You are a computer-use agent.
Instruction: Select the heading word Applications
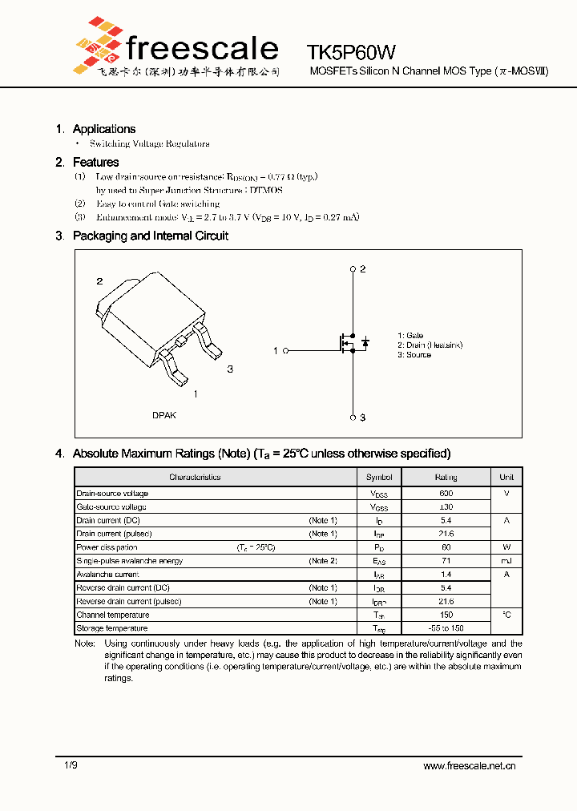(104, 129)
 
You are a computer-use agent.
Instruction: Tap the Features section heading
(95, 163)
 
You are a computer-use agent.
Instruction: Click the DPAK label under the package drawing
(164, 415)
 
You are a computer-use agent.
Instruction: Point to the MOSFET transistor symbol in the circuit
(349, 343)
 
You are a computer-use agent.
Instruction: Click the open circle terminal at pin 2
(353, 269)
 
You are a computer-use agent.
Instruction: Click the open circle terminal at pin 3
(353, 418)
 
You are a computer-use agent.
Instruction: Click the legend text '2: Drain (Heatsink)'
(430, 345)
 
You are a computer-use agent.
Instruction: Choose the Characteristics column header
(195, 478)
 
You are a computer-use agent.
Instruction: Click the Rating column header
(446, 478)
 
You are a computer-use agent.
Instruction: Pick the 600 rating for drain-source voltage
(446, 494)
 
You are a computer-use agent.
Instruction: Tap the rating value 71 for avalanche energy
(446, 561)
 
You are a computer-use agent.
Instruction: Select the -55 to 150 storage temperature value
(446, 628)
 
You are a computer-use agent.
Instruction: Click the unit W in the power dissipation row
(506, 547)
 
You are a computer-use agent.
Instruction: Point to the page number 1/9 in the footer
(71, 766)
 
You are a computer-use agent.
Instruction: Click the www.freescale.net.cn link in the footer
(470, 766)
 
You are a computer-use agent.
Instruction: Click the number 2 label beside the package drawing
(99, 281)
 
